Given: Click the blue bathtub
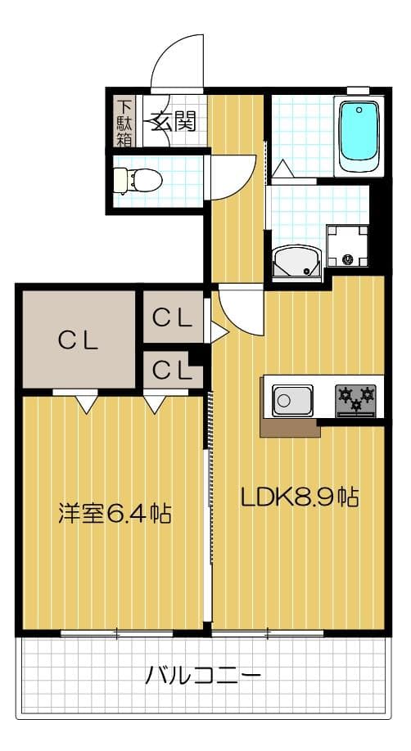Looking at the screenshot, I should click(360, 135).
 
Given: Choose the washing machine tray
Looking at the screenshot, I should click(349, 246).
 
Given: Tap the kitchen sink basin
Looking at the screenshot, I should click(291, 401).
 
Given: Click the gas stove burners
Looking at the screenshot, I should click(355, 398).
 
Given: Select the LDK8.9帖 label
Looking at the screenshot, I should click(299, 497).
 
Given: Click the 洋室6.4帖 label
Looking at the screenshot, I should click(114, 513).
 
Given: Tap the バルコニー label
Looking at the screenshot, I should click(204, 676).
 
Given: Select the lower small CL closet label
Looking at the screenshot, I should click(173, 370).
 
